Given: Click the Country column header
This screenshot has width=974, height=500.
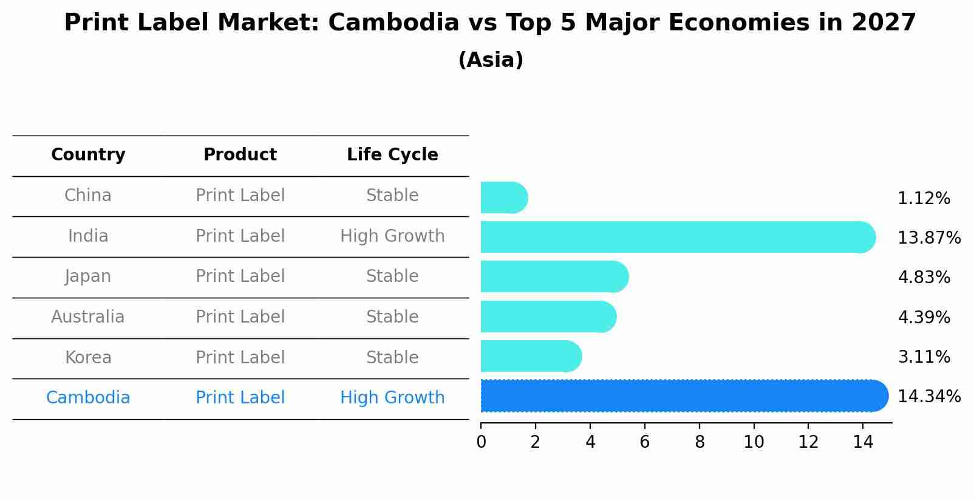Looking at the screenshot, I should pyautogui.click(x=88, y=155).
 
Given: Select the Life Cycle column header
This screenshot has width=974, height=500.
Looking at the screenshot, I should pyautogui.click(x=392, y=155).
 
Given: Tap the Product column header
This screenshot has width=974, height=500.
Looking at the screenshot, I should pyautogui.click(x=240, y=155).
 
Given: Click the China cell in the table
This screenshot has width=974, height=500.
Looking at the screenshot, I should pyautogui.click(x=88, y=196).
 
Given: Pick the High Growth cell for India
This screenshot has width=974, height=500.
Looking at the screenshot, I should pyautogui.click(x=392, y=236).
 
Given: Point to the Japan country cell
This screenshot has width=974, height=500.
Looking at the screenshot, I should pyautogui.click(x=88, y=276).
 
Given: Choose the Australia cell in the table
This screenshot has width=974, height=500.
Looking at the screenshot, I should pyautogui.click(x=88, y=317).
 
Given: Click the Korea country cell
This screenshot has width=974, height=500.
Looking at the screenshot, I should pyautogui.click(x=88, y=358).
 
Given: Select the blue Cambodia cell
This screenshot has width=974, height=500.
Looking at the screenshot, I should pyautogui.click(x=88, y=398).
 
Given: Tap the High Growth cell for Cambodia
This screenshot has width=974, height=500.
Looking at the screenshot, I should pyautogui.click(x=392, y=398).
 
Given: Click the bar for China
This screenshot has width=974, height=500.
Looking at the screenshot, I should pyautogui.click(x=503, y=198).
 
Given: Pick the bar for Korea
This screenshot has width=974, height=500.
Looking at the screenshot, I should pyautogui.click(x=530, y=357).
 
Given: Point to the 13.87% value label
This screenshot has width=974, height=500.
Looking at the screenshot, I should pyautogui.click(x=929, y=238).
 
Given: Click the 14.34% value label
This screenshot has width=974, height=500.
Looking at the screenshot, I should pyautogui.click(x=929, y=397).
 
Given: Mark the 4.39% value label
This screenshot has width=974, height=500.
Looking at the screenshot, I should pyautogui.click(x=924, y=318).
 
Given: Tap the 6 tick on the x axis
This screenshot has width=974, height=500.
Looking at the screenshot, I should pyautogui.click(x=645, y=442).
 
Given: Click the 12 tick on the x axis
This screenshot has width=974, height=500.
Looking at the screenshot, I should pyautogui.click(x=808, y=442).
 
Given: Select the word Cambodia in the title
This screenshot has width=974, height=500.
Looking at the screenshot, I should pyautogui.click(x=393, y=23).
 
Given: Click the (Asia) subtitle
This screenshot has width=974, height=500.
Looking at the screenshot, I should pyautogui.click(x=491, y=60).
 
